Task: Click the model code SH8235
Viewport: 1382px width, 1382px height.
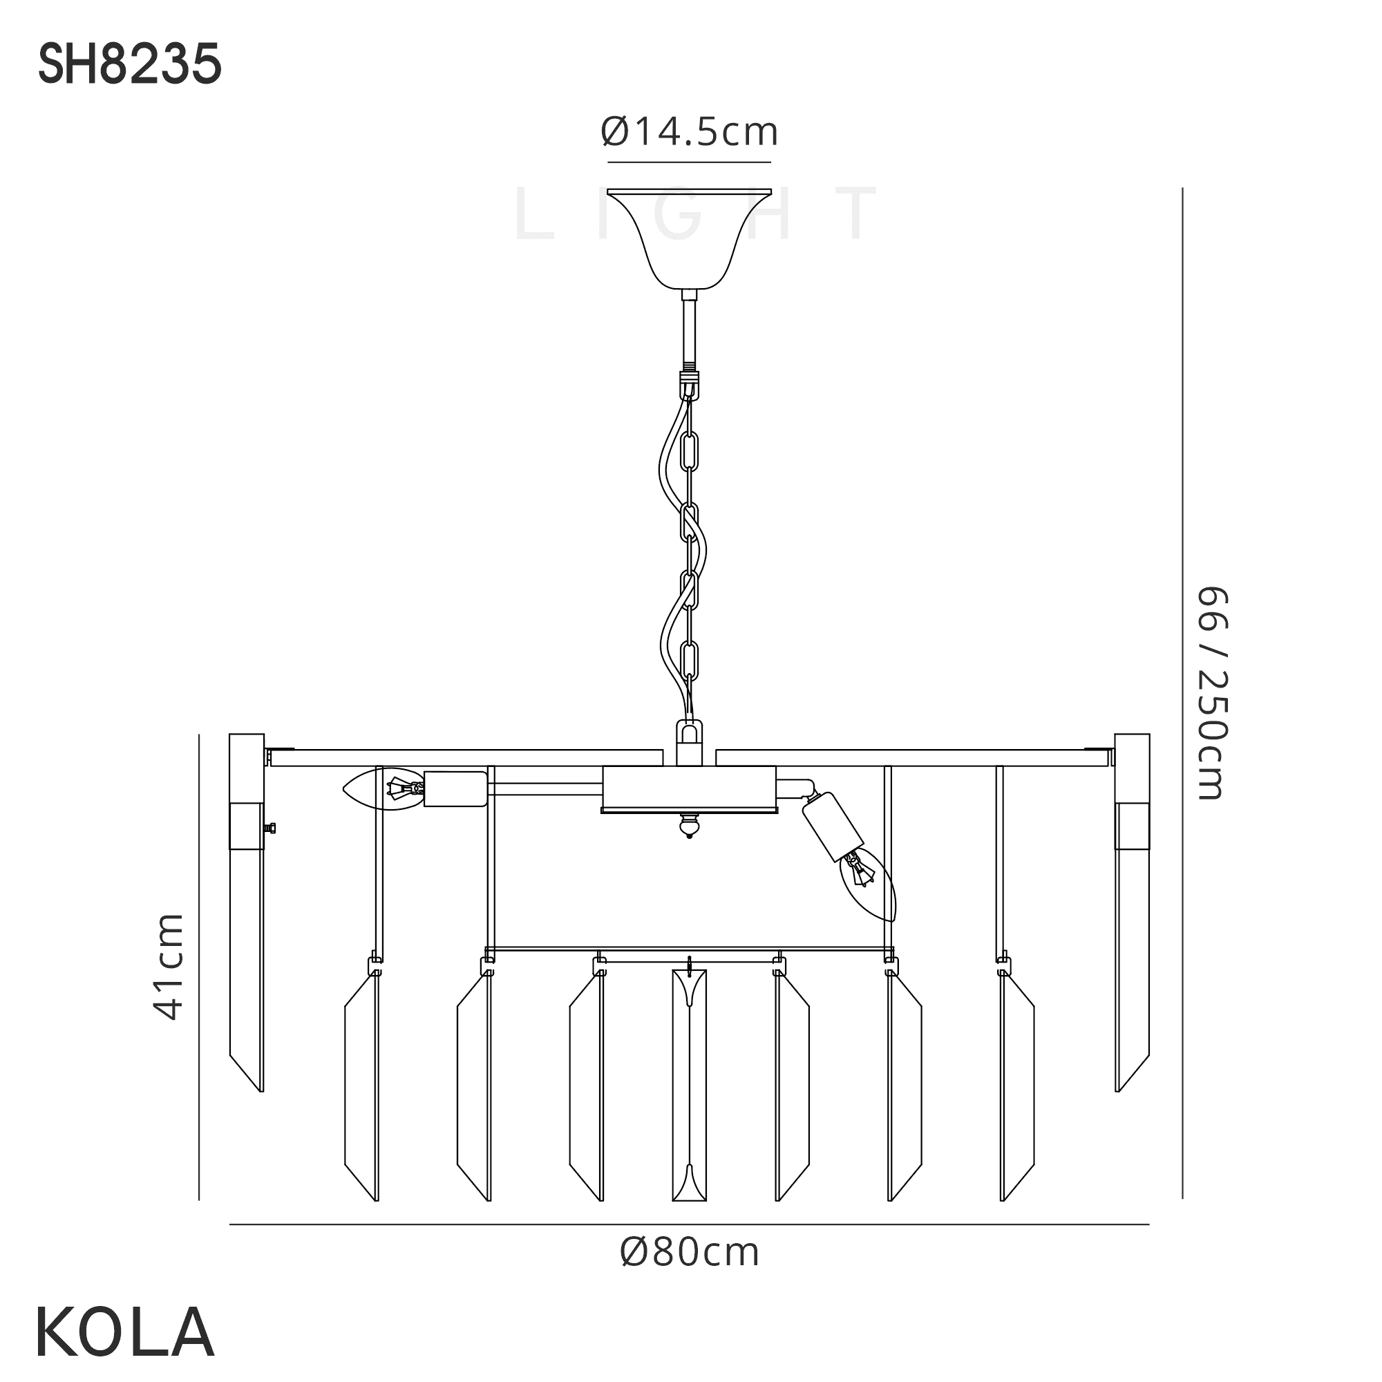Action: [x=129, y=65]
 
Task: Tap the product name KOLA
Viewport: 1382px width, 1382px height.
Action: [x=124, y=1332]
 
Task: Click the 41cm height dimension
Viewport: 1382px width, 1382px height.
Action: [x=169, y=967]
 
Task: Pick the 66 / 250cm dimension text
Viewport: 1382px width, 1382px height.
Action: [x=1212, y=693]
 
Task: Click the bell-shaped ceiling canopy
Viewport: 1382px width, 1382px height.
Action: [x=690, y=239]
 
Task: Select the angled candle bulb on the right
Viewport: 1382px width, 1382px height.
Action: [x=869, y=884]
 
